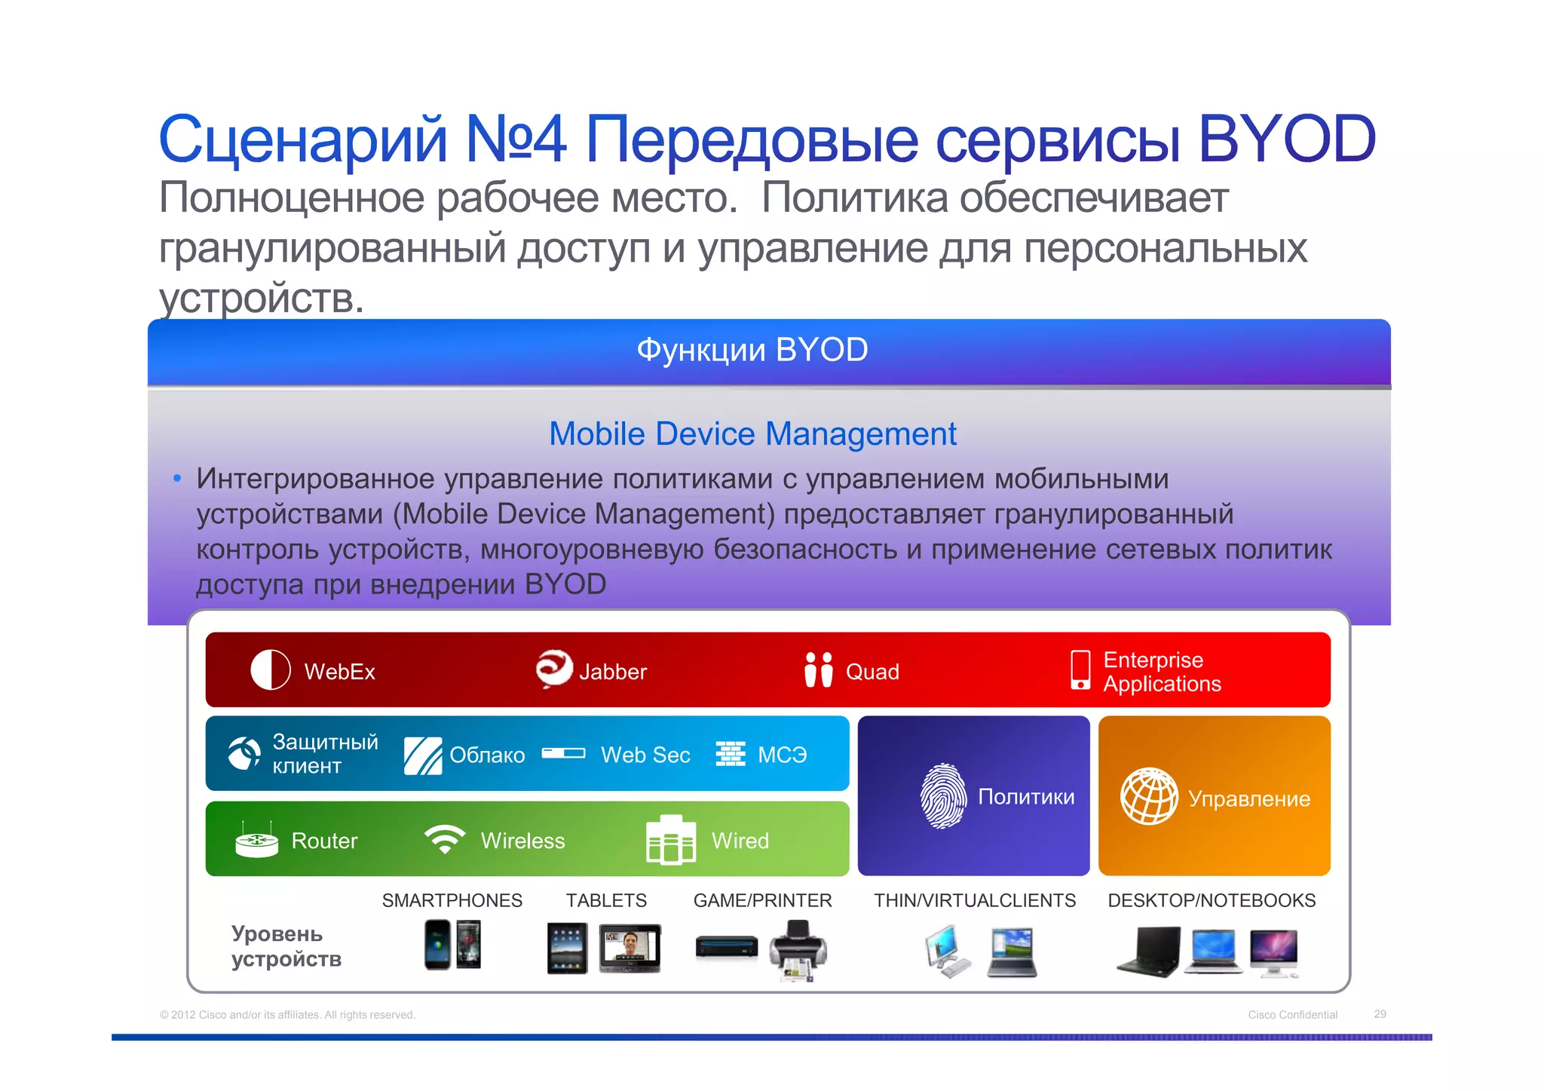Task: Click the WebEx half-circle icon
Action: [x=270, y=670]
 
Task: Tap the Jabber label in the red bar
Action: [x=612, y=672]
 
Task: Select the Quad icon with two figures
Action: [x=818, y=670]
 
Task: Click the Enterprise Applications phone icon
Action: [x=1080, y=670]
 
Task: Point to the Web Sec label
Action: [x=645, y=755]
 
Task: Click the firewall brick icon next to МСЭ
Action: [x=730, y=753]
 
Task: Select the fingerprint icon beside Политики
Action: [x=943, y=796]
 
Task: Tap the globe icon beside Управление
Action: [x=1149, y=796]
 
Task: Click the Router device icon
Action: [x=256, y=840]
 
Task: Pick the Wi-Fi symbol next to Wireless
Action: [x=445, y=838]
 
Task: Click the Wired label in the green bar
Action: [x=740, y=841]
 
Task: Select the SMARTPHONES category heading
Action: [x=452, y=900]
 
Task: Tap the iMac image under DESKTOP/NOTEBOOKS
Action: [x=1274, y=952]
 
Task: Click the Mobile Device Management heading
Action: [x=752, y=434]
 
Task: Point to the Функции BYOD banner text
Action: [x=752, y=351]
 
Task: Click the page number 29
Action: [x=1380, y=1014]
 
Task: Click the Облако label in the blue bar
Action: [x=487, y=755]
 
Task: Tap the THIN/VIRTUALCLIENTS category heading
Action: [x=975, y=900]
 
